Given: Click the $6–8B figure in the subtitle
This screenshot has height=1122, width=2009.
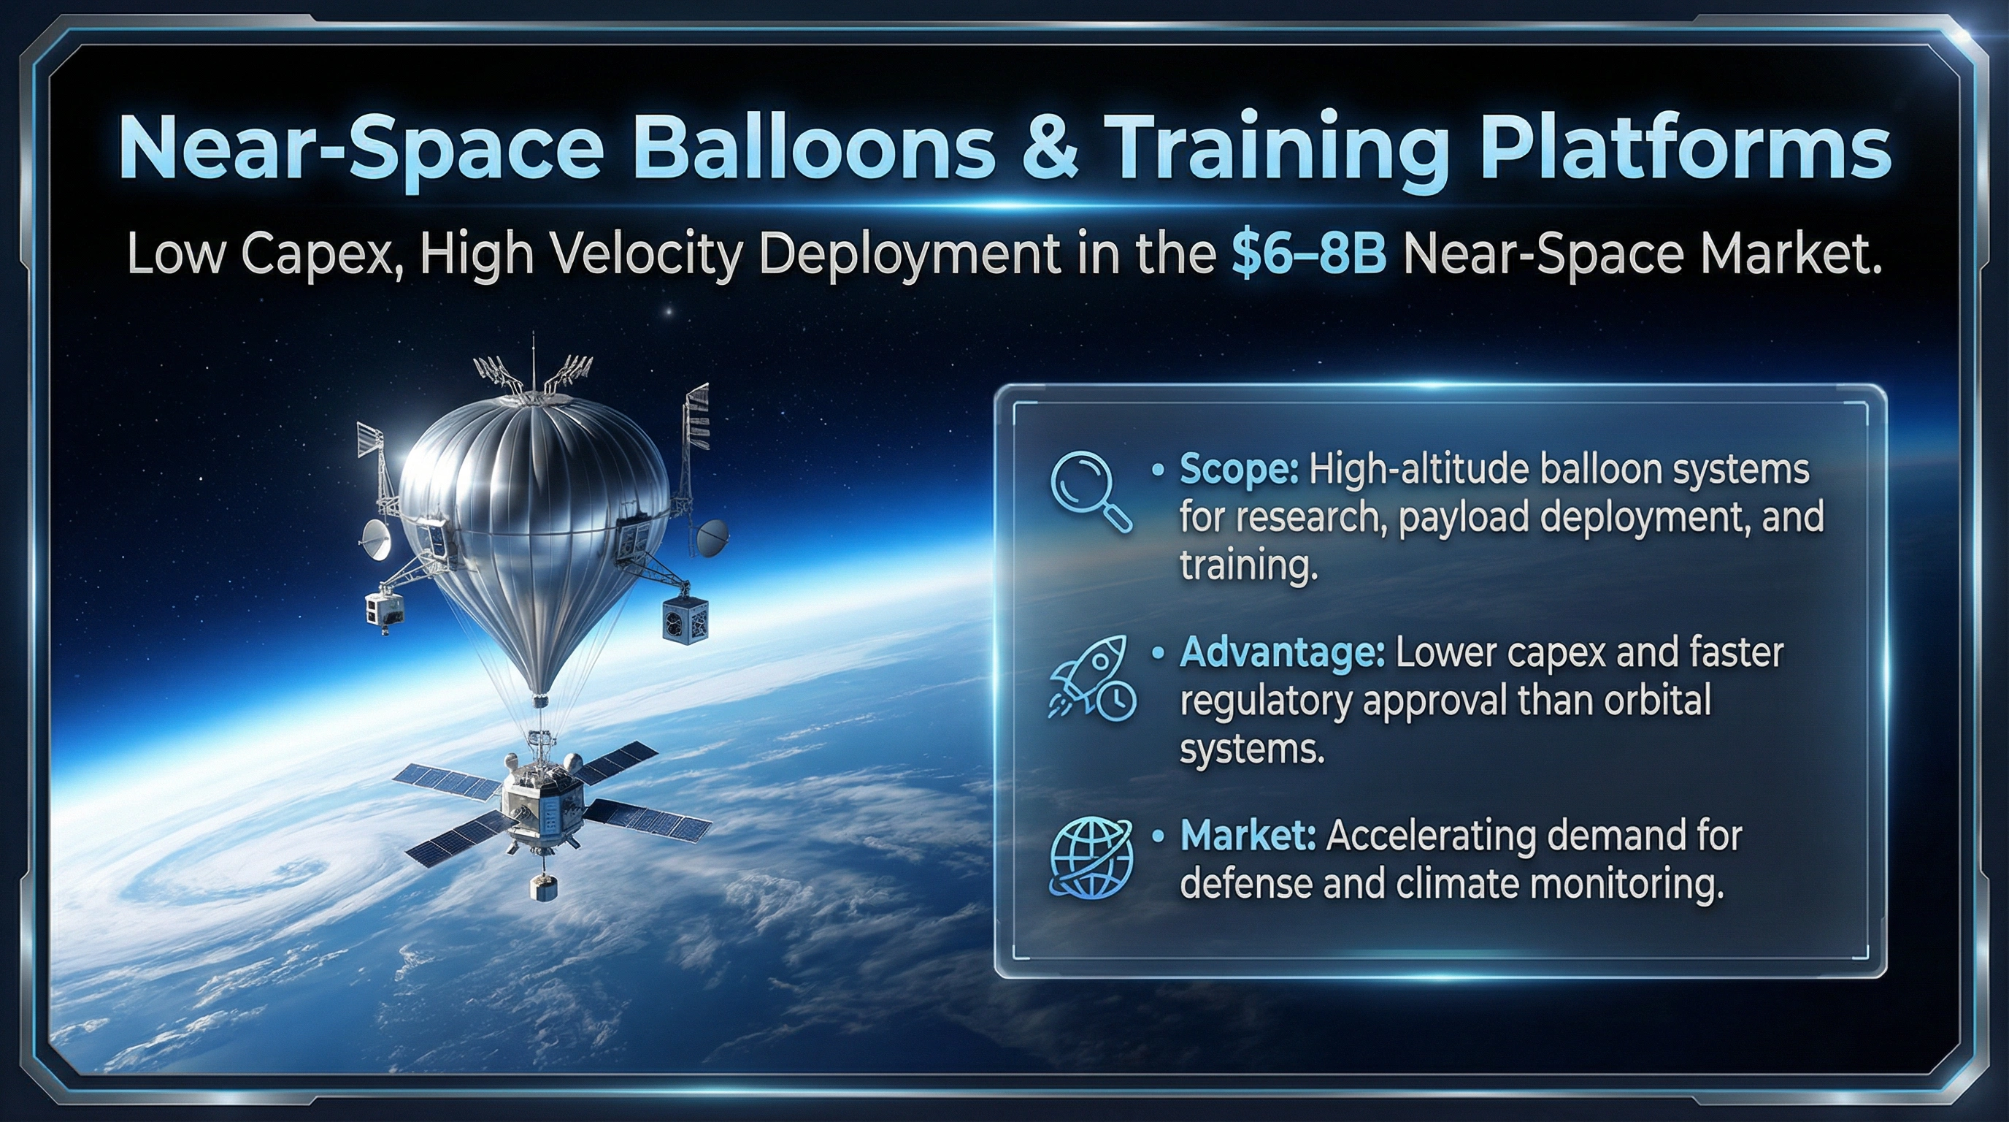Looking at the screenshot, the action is pyautogui.click(x=1310, y=254).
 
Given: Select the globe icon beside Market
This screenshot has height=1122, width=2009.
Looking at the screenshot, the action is pyautogui.click(x=1091, y=859).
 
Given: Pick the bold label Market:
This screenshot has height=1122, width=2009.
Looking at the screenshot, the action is pyautogui.click(x=1248, y=836).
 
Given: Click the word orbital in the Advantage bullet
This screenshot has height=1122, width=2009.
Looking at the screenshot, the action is pyautogui.click(x=1656, y=699).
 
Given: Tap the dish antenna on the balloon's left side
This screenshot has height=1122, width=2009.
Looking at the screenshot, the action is pyautogui.click(x=377, y=540).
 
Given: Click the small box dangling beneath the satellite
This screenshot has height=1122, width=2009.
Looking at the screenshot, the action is pyautogui.click(x=544, y=885).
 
